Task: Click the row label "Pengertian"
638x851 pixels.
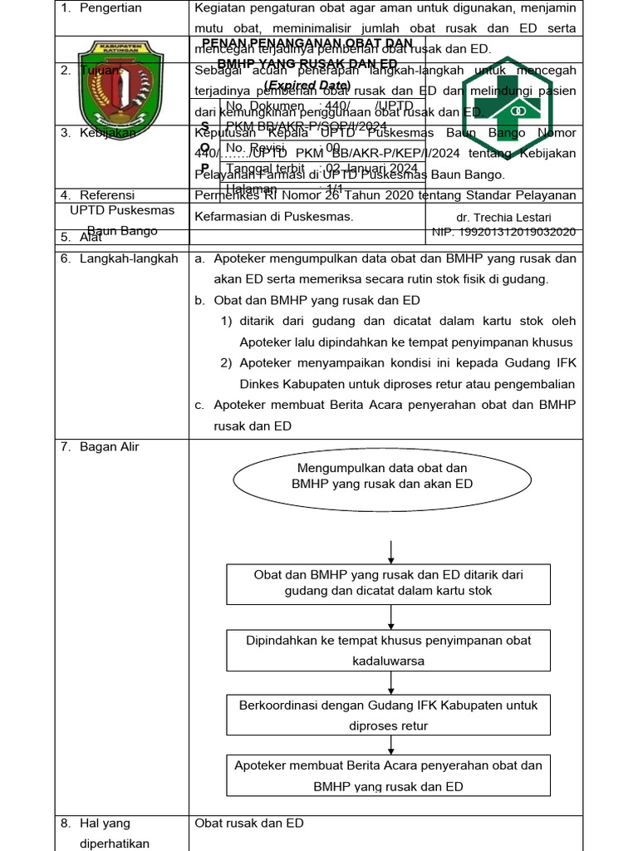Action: [111, 8]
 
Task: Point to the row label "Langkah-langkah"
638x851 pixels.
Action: [129, 258]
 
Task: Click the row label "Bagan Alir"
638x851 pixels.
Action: [110, 447]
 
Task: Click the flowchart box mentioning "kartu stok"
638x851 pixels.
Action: [388, 583]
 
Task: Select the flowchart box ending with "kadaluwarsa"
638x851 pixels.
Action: [388, 650]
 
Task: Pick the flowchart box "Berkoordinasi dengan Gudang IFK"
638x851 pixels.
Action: [388, 715]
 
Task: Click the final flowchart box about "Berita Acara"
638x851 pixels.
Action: [388, 775]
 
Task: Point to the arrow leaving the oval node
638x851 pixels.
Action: [391, 551]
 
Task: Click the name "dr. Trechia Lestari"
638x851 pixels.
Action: [509, 217]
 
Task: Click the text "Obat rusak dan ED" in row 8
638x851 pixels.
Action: [249, 824]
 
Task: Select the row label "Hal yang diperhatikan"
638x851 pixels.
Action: [114, 834]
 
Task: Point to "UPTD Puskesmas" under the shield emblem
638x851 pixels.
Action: [121, 210]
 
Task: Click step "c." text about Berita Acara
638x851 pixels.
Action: [394, 416]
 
